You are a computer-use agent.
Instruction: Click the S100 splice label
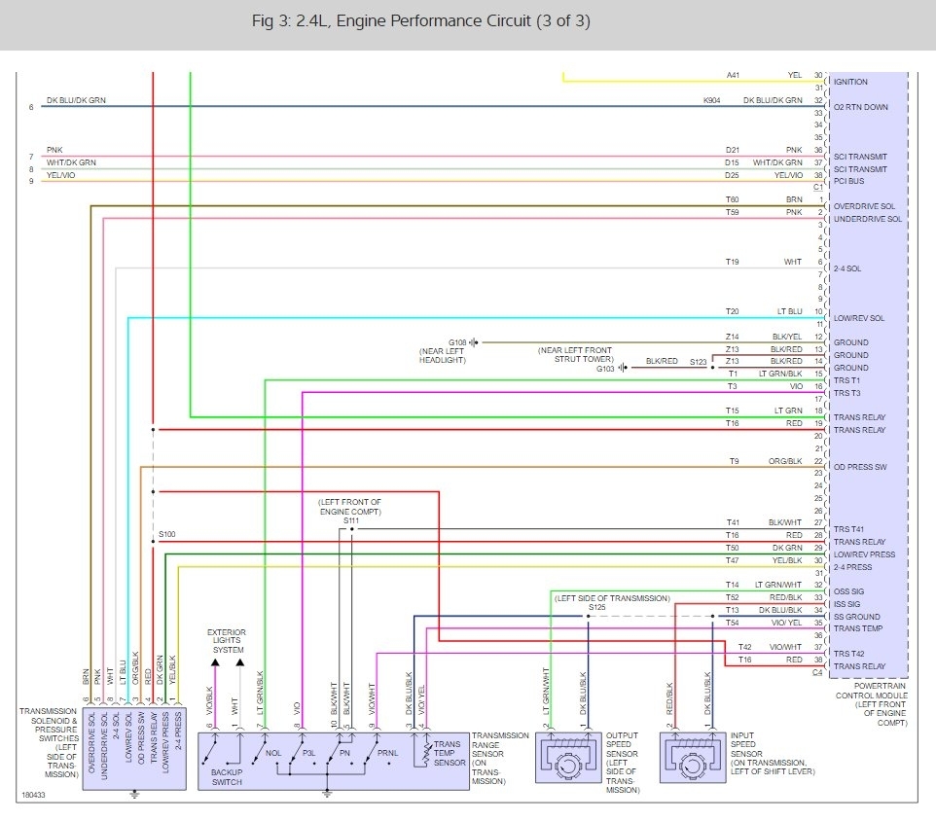(x=166, y=534)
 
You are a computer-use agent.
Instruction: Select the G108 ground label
(x=457, y=342)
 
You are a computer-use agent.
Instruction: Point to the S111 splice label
(x=350, y=521)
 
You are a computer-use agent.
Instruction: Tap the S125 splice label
(x=596, y=608)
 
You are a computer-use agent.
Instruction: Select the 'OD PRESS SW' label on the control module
(x=860, y=467)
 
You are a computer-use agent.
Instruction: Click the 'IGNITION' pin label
(x=850, y=82)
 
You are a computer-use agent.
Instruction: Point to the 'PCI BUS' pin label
(x=850, y=181)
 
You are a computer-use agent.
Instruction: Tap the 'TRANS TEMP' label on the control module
(x=857, y=628)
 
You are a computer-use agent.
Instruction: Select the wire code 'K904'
(x=713, y=100)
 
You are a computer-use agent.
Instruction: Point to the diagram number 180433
(x=33, y=795)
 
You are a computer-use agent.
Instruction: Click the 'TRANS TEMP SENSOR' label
(x=449, y=753)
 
